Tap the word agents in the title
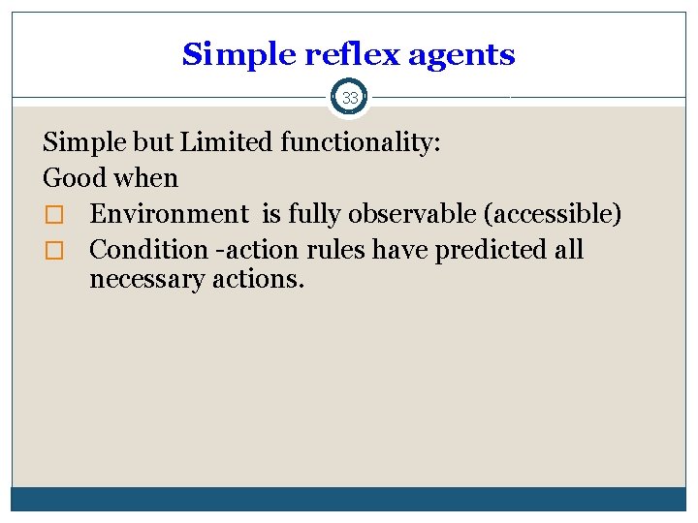pyautogui.click(x=461, y=55)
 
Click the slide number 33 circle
pyautogui.click(x=349, y=97)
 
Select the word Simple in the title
pyautogui.click(x=239, y=55)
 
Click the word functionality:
pyautogui.click(x=361, y=143)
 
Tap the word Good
pyautogui.click(x=74, y=178)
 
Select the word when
pyautogui.click(x=145, y=178)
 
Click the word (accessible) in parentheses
pyautogui.click(x=552, y=214)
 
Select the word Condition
pyautogui.click(x=148, y=250)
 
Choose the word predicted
pyautogui.click(x=491, y=250)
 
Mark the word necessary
pyautogui.click(x=150, y=281)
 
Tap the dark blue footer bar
pyautogui.click(x=349, y=498)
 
